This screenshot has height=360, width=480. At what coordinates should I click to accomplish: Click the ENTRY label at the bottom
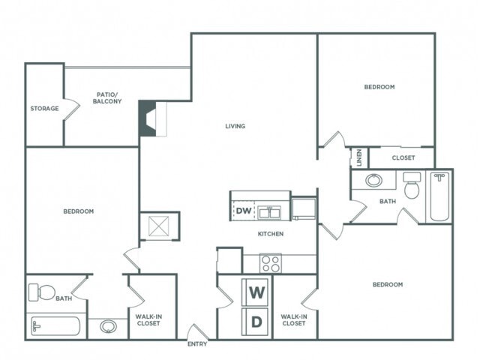197,344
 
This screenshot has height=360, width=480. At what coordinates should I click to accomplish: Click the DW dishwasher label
243,211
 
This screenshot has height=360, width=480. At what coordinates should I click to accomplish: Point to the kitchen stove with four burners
270,263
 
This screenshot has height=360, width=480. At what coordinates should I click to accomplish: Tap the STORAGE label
44,109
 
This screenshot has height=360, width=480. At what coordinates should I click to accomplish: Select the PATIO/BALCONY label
108,97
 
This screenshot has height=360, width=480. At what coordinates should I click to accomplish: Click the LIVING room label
235,126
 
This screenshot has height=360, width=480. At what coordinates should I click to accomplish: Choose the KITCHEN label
270,234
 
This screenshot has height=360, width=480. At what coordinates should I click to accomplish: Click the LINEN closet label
360,157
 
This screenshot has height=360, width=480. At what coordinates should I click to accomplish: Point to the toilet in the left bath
43,292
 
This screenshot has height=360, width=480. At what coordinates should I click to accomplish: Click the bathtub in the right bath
439,196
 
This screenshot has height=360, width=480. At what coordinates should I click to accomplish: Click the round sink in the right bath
373,180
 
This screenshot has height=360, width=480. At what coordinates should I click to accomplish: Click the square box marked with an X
160,226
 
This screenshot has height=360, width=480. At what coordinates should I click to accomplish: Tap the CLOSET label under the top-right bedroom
403,158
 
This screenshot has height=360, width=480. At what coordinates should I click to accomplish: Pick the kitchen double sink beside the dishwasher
270,211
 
